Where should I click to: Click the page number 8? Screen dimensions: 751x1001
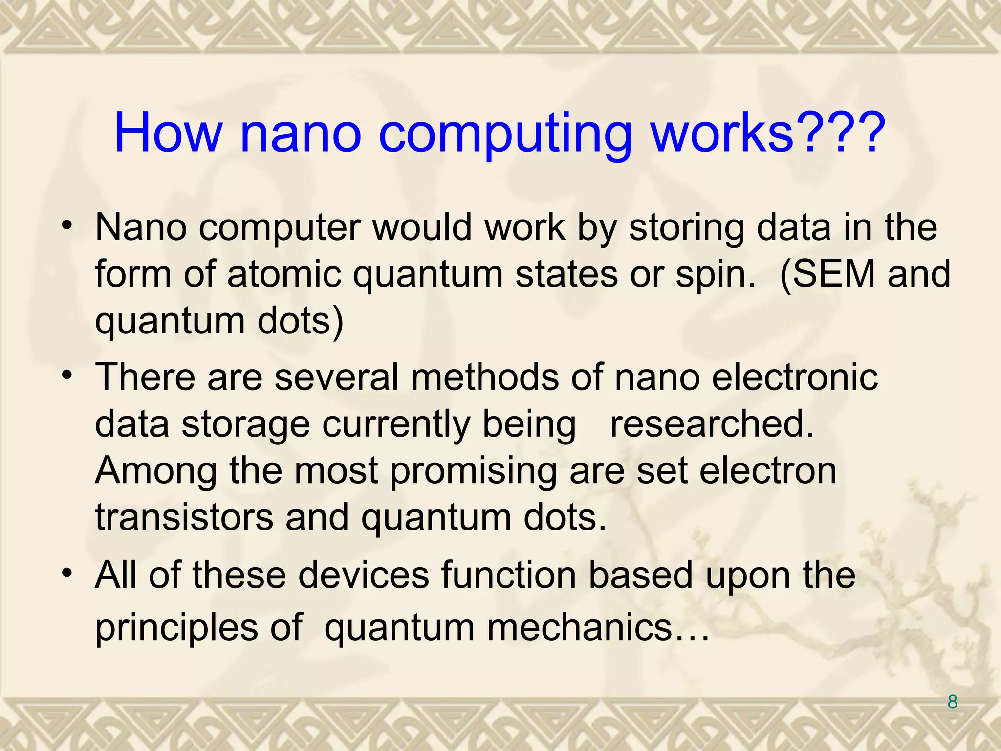[952, 702]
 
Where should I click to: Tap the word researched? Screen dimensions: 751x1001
[712, 424]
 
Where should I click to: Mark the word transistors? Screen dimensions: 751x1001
[184, 517]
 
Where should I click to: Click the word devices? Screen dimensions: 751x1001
[364, 575]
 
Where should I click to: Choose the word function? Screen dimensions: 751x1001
[508, 575]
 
